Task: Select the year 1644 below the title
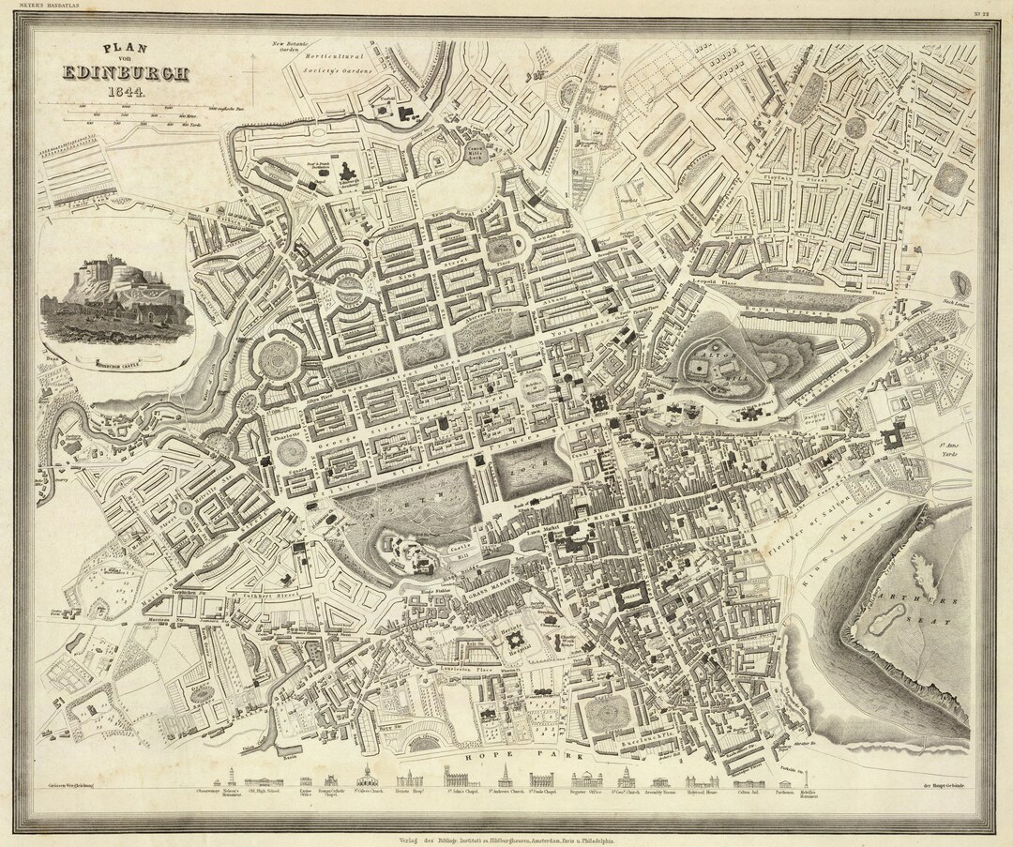click(x=125, y=92)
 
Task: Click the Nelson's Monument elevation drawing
click(x=231, y=779)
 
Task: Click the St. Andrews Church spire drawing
click(x=506, y=778)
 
